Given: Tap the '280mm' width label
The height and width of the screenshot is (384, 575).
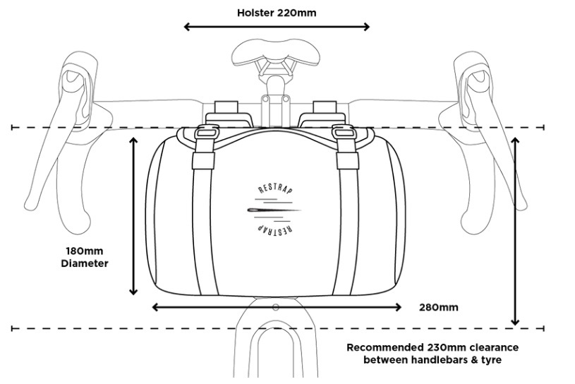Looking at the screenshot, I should click(x=439, y=307).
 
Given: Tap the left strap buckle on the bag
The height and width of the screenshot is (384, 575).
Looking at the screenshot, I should click(x=205, y=132).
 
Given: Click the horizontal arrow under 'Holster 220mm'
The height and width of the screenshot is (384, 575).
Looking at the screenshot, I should click(x=277, y=28).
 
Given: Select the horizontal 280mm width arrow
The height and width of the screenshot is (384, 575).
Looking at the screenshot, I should click(x=277, y=307).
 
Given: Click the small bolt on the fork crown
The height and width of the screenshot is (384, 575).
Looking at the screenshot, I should click(x=275, y=307).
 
